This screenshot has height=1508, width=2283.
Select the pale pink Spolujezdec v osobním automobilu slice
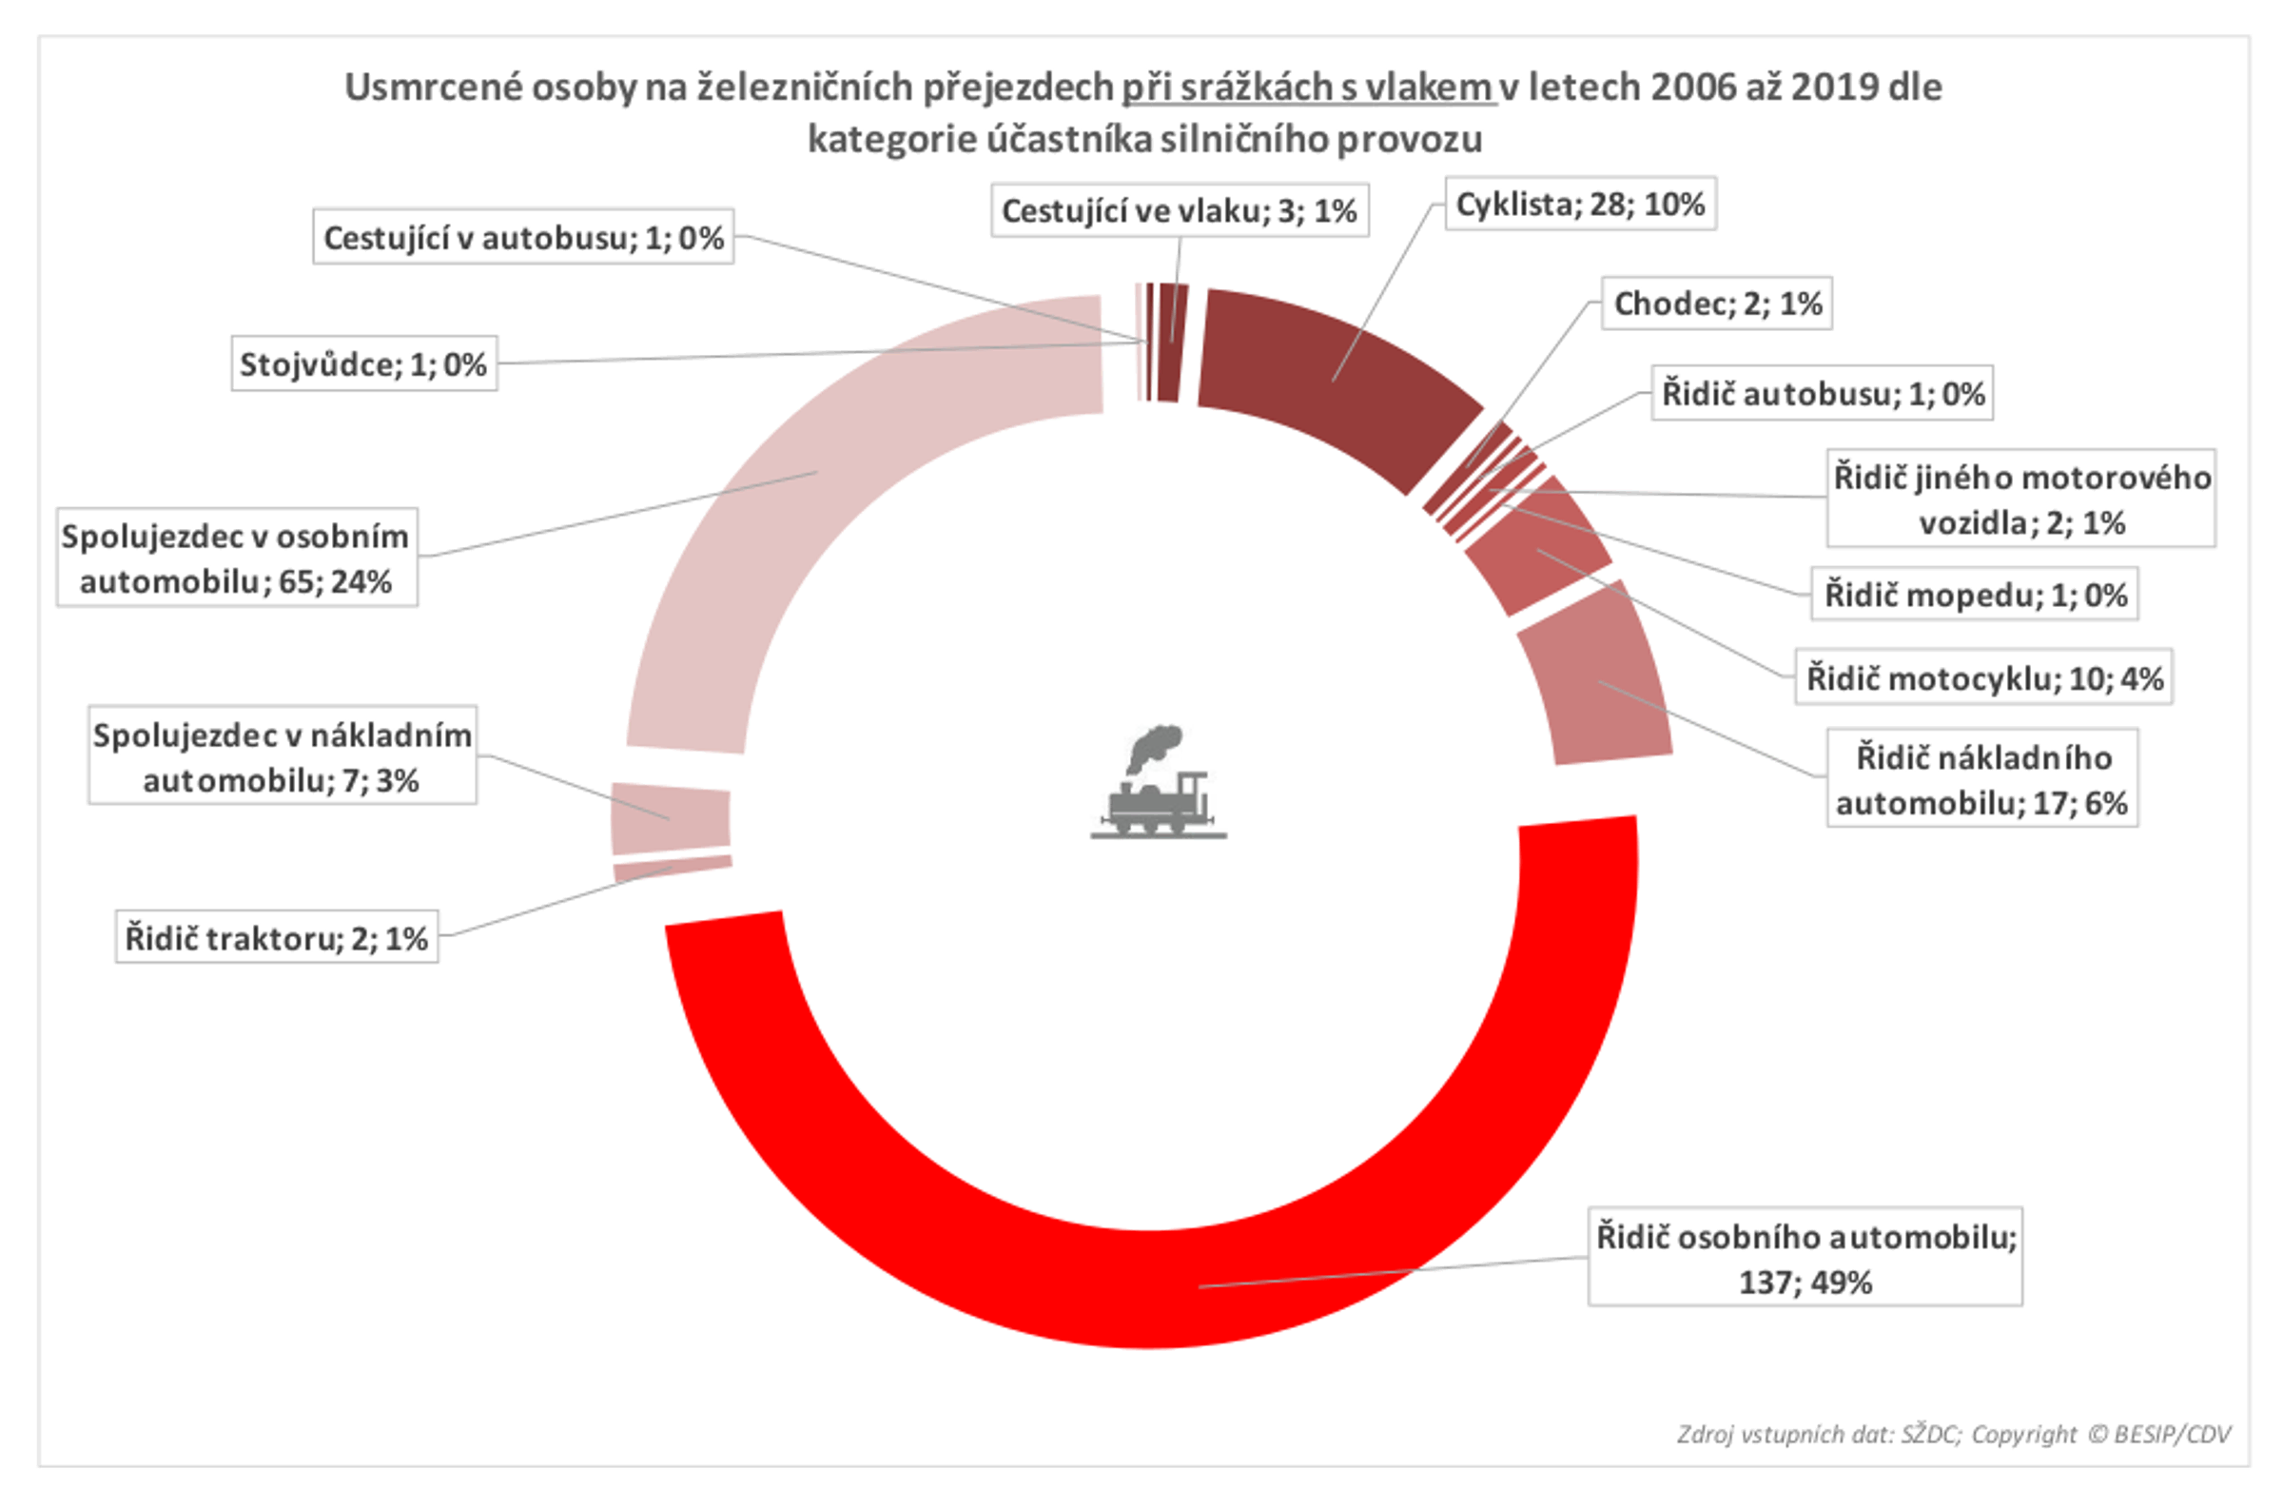pos(817,471)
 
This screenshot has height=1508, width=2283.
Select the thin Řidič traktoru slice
pos(672,867)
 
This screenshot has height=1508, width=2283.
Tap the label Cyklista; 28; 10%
pos(1579,204)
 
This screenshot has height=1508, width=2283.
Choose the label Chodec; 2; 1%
pos(1716,304)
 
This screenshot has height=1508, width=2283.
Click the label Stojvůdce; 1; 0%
pos(363,364)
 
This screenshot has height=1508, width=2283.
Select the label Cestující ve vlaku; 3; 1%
pos(1179,210)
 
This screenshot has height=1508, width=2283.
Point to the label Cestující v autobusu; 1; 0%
pos(523,238)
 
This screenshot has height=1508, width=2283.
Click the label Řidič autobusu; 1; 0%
pos(1822,393)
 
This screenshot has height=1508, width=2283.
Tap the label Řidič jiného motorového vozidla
pos(2020,499)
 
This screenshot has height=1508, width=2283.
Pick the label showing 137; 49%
pos(1805,1258)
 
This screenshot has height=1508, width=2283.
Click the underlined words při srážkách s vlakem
pos(1307,88)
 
